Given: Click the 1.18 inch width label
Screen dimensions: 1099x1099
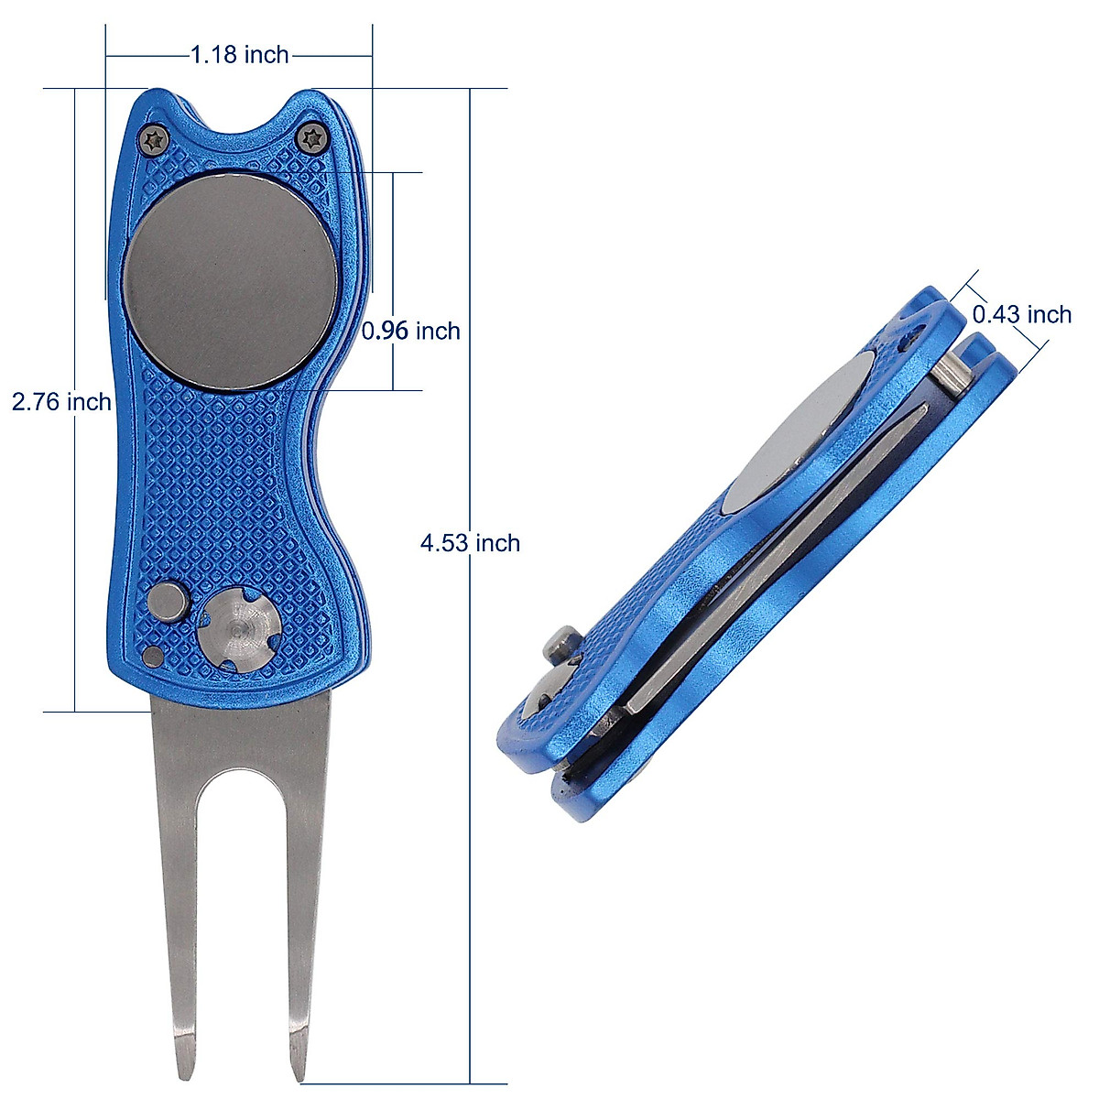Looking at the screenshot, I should (240, 55).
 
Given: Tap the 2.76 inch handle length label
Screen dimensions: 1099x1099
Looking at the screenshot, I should (61, 401).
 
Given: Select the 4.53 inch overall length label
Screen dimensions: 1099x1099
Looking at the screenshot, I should (470, 543).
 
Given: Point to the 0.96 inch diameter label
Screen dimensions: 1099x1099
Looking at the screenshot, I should (411, 331).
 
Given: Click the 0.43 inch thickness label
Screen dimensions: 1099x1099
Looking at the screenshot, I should (1021, 315).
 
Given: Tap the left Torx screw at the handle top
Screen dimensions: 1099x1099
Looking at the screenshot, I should (155, 139).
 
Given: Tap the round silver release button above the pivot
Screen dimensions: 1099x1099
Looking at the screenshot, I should (169, 603).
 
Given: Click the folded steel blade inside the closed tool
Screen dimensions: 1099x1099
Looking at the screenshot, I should (778, 549).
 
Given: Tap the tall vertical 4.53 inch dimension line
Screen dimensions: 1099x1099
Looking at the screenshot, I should (470, 733).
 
